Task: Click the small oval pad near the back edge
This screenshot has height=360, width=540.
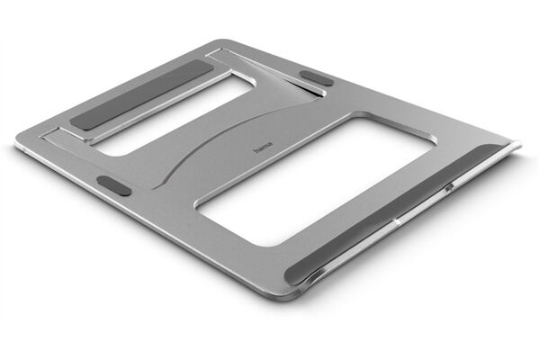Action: coord(316,78)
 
